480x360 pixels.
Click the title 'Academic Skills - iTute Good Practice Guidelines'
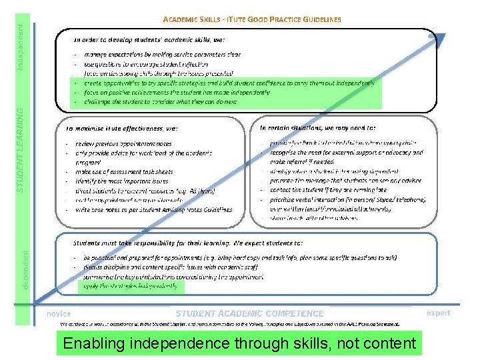(252, 20)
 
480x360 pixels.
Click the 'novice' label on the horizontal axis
(58, 313)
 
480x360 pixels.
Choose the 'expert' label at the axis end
(438, 313)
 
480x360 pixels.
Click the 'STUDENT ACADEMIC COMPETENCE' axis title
(249, 313)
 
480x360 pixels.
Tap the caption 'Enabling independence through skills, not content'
(239, 344)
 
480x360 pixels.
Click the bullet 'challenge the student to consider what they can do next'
(160, 102)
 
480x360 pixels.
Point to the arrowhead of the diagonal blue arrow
(443, 37)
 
